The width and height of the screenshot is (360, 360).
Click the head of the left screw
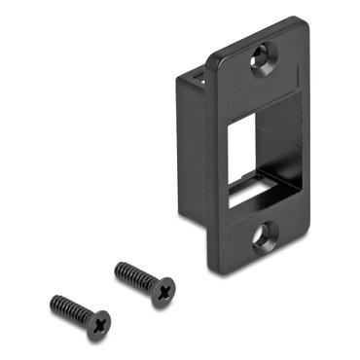click(x=97, y=323)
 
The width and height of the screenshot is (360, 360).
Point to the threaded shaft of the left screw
click(x=70, y=309)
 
